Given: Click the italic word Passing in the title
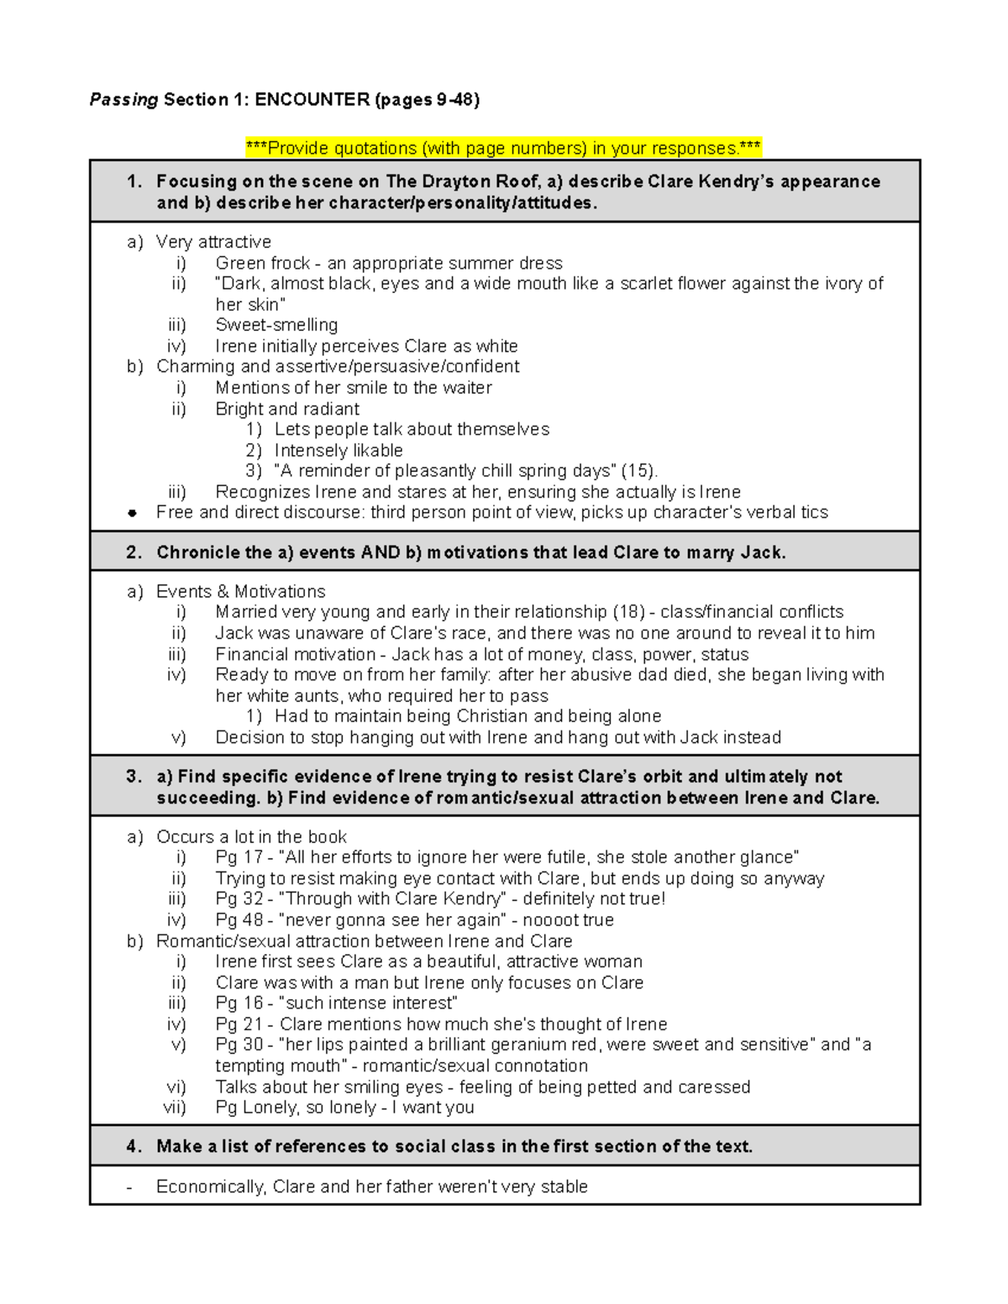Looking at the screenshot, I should tap(123, 100).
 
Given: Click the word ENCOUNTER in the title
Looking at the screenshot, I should tap(312, 100).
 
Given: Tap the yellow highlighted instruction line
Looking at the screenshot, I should tap(503, 149).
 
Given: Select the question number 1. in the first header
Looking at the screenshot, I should tap(134, 181).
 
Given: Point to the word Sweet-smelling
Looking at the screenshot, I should tap(276, 325).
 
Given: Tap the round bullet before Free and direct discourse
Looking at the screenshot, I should tap(132, 513).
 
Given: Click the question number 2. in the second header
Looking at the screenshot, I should tap(134, 552).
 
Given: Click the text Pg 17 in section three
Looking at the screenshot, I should tap(239, 857).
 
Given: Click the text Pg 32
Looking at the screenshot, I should tap(239, 898).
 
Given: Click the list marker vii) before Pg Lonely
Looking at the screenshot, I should tap(175, 1108).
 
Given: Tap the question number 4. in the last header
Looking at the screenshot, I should tap(134, 1146).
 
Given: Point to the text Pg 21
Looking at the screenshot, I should tap(239, 1024).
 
